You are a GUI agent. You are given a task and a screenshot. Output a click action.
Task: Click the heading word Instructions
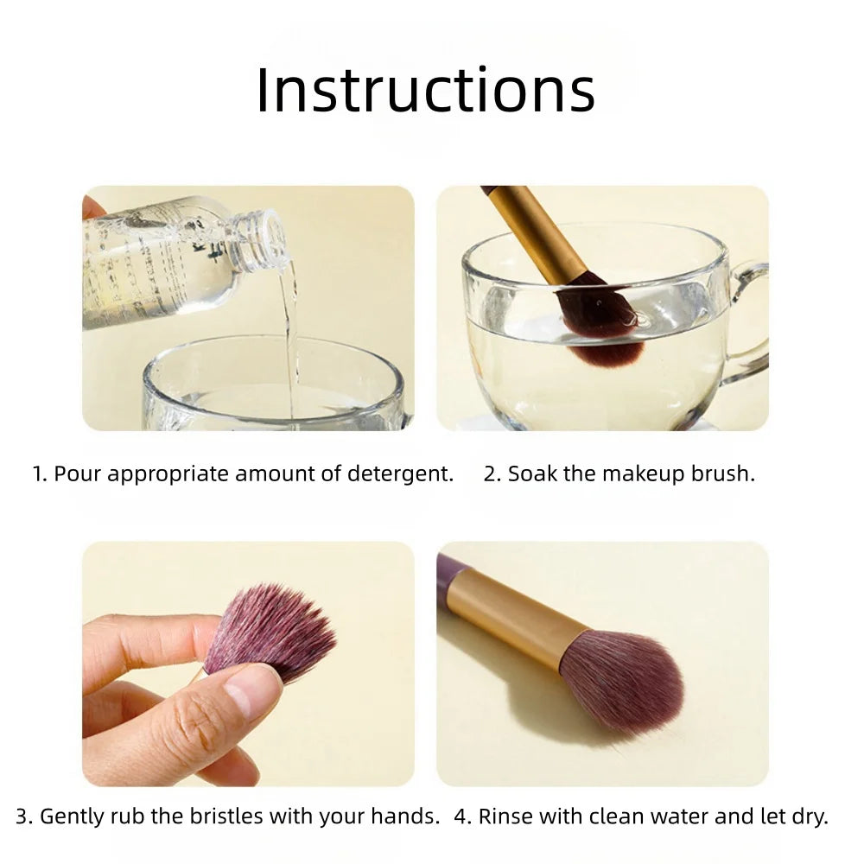pyautogui.click(x=425, y=89)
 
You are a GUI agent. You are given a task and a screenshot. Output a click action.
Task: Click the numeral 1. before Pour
pyautogui.click(x=40, y=473)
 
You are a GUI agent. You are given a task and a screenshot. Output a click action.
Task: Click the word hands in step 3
pyautogui.click(x=410, y=816)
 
